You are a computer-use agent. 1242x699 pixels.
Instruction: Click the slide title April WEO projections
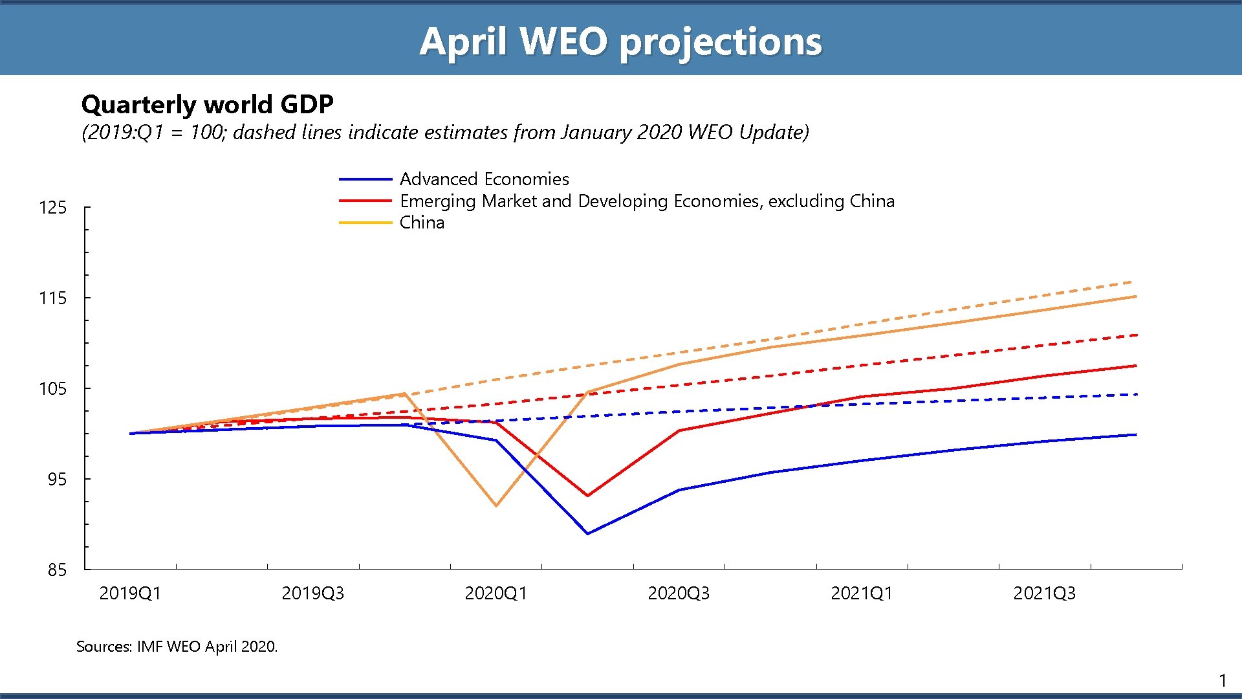tap(620, 41)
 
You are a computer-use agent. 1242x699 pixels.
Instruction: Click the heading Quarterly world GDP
tap(207, 104)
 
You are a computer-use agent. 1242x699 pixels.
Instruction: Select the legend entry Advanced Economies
tap(484, 179)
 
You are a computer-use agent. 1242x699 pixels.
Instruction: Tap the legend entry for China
tap(422, 223)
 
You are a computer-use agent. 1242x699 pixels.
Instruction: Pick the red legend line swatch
tap(365, 201)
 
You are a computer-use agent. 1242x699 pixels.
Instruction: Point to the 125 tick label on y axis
tap(53, 208)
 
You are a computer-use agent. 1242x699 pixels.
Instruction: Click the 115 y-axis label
tap(53, 298)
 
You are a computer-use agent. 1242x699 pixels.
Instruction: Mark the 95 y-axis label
tap(57, 480)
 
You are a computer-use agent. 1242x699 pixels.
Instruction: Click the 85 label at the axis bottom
tap(57, 570)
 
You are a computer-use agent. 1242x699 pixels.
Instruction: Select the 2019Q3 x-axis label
tap(312, 594)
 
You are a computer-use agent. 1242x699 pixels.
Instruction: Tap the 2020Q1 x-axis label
tap(496, 594)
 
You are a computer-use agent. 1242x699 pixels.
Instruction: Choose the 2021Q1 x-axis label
tap(861, 594)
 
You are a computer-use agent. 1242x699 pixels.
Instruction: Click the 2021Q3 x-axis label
tap(1044, 594)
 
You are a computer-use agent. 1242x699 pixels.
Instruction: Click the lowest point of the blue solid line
tap(587, 534)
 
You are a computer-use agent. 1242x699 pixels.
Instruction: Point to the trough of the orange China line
tap(496, 505)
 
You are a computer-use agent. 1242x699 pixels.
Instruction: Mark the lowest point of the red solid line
tap(587, 496)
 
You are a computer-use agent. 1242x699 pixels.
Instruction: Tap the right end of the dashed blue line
tap(1136, 394)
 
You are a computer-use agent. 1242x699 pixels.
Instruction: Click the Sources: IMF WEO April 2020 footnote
tap(177, 647)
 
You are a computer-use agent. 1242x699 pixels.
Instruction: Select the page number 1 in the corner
tap(1222, 681)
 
